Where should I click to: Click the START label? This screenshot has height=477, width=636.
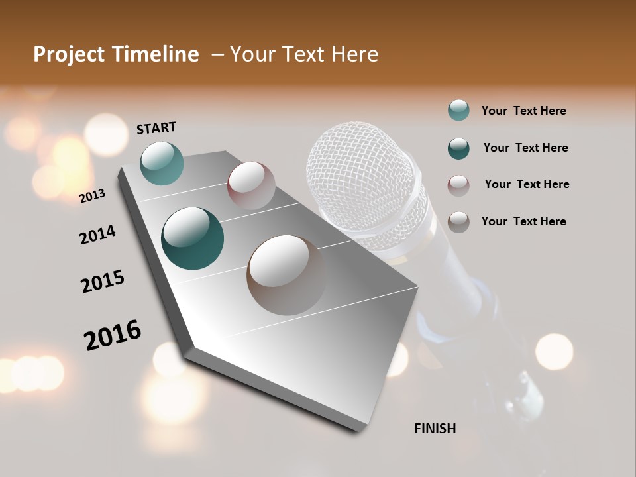point(156,127)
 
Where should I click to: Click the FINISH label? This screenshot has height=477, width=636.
point(435,429)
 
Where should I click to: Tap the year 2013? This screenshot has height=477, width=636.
point(92,195)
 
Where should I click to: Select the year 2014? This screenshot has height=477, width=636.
point(97,235)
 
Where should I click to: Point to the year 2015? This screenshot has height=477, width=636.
point(103,282)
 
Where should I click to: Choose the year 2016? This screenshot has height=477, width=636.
point(113,335)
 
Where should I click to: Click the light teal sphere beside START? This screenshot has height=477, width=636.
point(162,163)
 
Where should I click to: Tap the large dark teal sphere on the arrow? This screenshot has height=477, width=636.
point(192,238)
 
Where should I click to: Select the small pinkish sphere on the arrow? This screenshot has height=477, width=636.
point(251,185)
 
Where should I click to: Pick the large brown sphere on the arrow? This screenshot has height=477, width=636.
point(286,275)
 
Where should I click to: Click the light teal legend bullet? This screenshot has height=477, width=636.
point(458,111)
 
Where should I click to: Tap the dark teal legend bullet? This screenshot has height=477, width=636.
point(458,148)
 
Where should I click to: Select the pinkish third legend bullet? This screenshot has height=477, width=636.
point(458,185)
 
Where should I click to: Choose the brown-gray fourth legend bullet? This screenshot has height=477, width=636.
point(458,222)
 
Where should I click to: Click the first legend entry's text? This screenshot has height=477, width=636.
point(523,111)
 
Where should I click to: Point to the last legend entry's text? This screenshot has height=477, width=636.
point(523,221)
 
